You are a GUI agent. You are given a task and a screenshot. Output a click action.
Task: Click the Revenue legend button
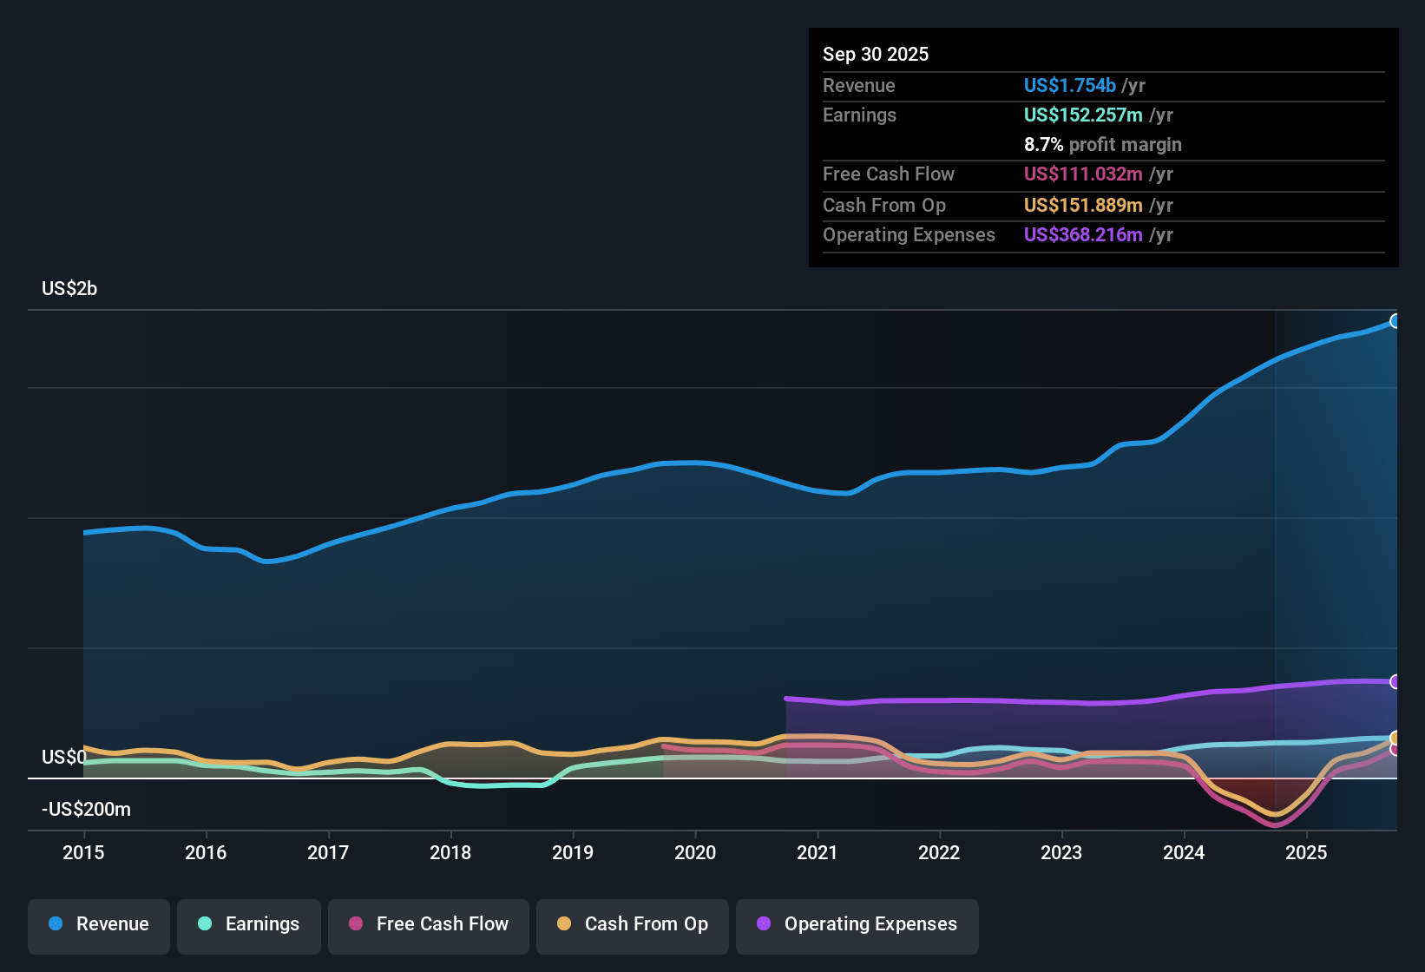pos(99,924)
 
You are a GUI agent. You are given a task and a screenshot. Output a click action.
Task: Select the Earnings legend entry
pos(249,924)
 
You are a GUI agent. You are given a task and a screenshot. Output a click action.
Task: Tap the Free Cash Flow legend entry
pos(429,924)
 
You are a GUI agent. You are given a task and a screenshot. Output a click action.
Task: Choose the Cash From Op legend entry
pos(633,924)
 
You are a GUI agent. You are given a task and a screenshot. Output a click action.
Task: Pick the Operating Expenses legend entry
pos(857,924)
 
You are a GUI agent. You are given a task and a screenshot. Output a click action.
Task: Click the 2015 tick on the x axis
pos(83,852)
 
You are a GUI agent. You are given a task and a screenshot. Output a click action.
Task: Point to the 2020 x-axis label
pos(695,852)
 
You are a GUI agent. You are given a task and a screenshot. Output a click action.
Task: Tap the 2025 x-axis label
pos(1306,852)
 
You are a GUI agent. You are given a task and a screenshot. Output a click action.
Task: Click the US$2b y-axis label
pos(69,289)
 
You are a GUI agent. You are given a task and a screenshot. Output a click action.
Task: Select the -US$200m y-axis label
pos(86,810)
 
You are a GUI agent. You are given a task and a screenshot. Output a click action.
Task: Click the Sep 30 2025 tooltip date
pos(876,54)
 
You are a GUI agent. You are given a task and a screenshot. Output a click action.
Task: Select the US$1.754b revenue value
pos(1069,85)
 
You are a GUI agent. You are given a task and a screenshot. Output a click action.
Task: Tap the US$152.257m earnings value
pos(1082,115)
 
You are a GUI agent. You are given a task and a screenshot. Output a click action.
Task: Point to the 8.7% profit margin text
pos(1102,145)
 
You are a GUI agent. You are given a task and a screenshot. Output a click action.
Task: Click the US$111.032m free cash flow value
pos(1082,174)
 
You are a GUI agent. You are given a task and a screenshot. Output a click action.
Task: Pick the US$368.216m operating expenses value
pos(1082,234)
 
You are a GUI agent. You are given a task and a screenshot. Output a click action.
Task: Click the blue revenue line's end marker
pos(1395,321)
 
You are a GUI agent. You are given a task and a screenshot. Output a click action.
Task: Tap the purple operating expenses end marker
pos(1395,682)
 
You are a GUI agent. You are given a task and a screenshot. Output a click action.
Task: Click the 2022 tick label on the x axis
pos(939,852)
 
